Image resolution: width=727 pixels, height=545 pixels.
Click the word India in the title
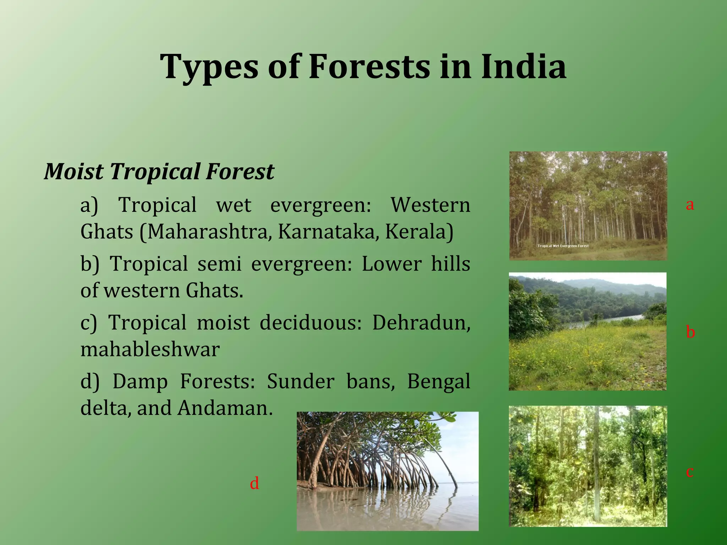(524, 67)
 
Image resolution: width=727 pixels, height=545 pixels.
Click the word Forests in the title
(369, 67)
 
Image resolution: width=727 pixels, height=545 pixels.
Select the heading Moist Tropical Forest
(159, 171)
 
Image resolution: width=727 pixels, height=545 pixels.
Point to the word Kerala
(419, 232)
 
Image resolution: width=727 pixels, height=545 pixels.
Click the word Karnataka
(326, 232)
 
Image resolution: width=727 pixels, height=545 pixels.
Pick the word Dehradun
(421, 323)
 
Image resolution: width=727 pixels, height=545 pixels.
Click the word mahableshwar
(150, 349)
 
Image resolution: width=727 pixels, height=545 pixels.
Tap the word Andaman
(225, 408)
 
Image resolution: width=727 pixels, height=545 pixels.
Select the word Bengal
(438, 382)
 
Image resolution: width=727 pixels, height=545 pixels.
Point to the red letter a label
(690, 205)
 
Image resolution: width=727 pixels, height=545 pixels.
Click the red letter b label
(690, 332)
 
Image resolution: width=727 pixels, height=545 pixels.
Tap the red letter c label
(690, 472)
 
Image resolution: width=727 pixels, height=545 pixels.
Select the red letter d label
(254, 484)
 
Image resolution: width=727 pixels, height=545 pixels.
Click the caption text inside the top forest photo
(563, 246)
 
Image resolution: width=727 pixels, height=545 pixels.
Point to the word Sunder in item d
(300, 382)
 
